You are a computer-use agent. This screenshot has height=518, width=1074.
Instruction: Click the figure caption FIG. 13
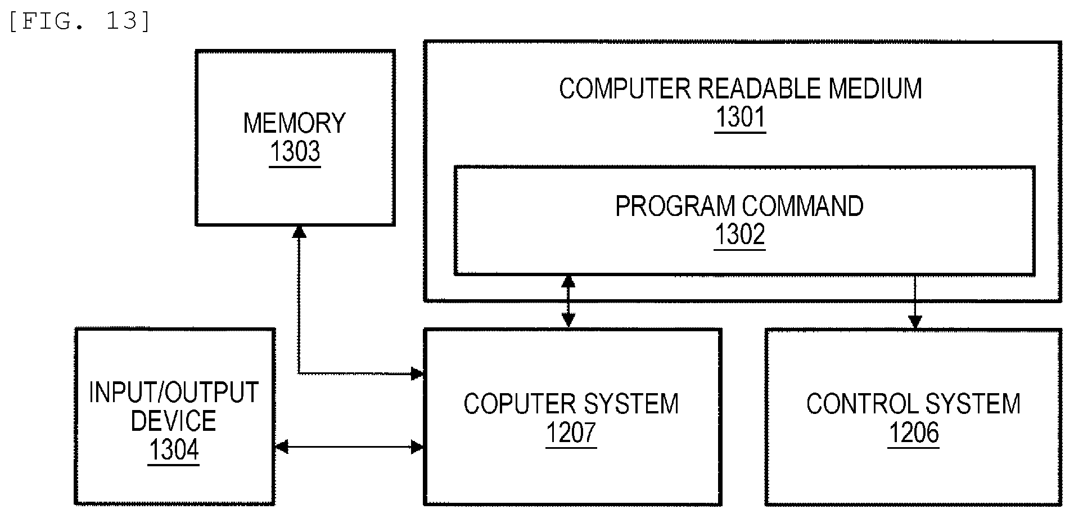pyautogui.click(x=79, y=21)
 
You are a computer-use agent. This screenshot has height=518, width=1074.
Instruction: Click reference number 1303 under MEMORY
pyautogui.click(x=295, y=152)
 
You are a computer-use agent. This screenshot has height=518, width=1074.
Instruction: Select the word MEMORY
pyautogui.click(x=295, y=123)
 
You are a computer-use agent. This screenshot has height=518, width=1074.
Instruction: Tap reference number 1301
pyautogui.click(x=740, y=118)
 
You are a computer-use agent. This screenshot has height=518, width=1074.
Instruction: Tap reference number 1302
pyautogui.click(x=739, y=235)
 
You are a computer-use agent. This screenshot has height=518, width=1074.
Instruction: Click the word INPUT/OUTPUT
pyautogui.click(x=174, y=393)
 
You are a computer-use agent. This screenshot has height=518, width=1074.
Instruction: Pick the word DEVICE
pyautogui.click(x=173, y=421)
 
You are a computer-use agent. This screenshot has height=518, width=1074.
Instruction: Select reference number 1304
pyautogui.click(x=174, y=450)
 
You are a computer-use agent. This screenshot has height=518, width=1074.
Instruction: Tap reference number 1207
pyautogui.click(x=571, y=433)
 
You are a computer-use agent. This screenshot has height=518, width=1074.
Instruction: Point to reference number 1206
pyautogui.click(x=914, y=433)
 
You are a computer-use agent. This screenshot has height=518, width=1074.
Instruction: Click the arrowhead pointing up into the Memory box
pyautogui.click(x=299, y=231)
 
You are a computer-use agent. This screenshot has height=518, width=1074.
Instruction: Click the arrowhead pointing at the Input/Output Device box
pyautogui.click(x=281, y=447)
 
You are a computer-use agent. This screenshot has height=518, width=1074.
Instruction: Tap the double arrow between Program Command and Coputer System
pyautogui.click(x=568, y=301)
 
